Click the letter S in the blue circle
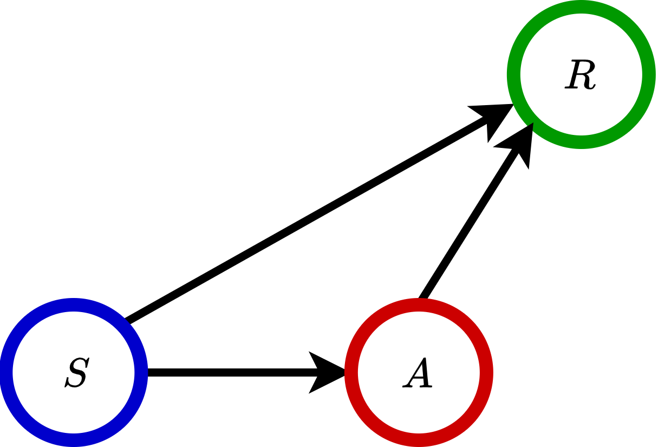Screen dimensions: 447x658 76,373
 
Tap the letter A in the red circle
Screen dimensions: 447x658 418,374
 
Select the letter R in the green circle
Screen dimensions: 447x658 581,75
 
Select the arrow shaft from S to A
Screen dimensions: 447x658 227,373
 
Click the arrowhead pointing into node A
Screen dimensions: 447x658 328,373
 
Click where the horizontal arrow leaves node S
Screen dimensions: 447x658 149,373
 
